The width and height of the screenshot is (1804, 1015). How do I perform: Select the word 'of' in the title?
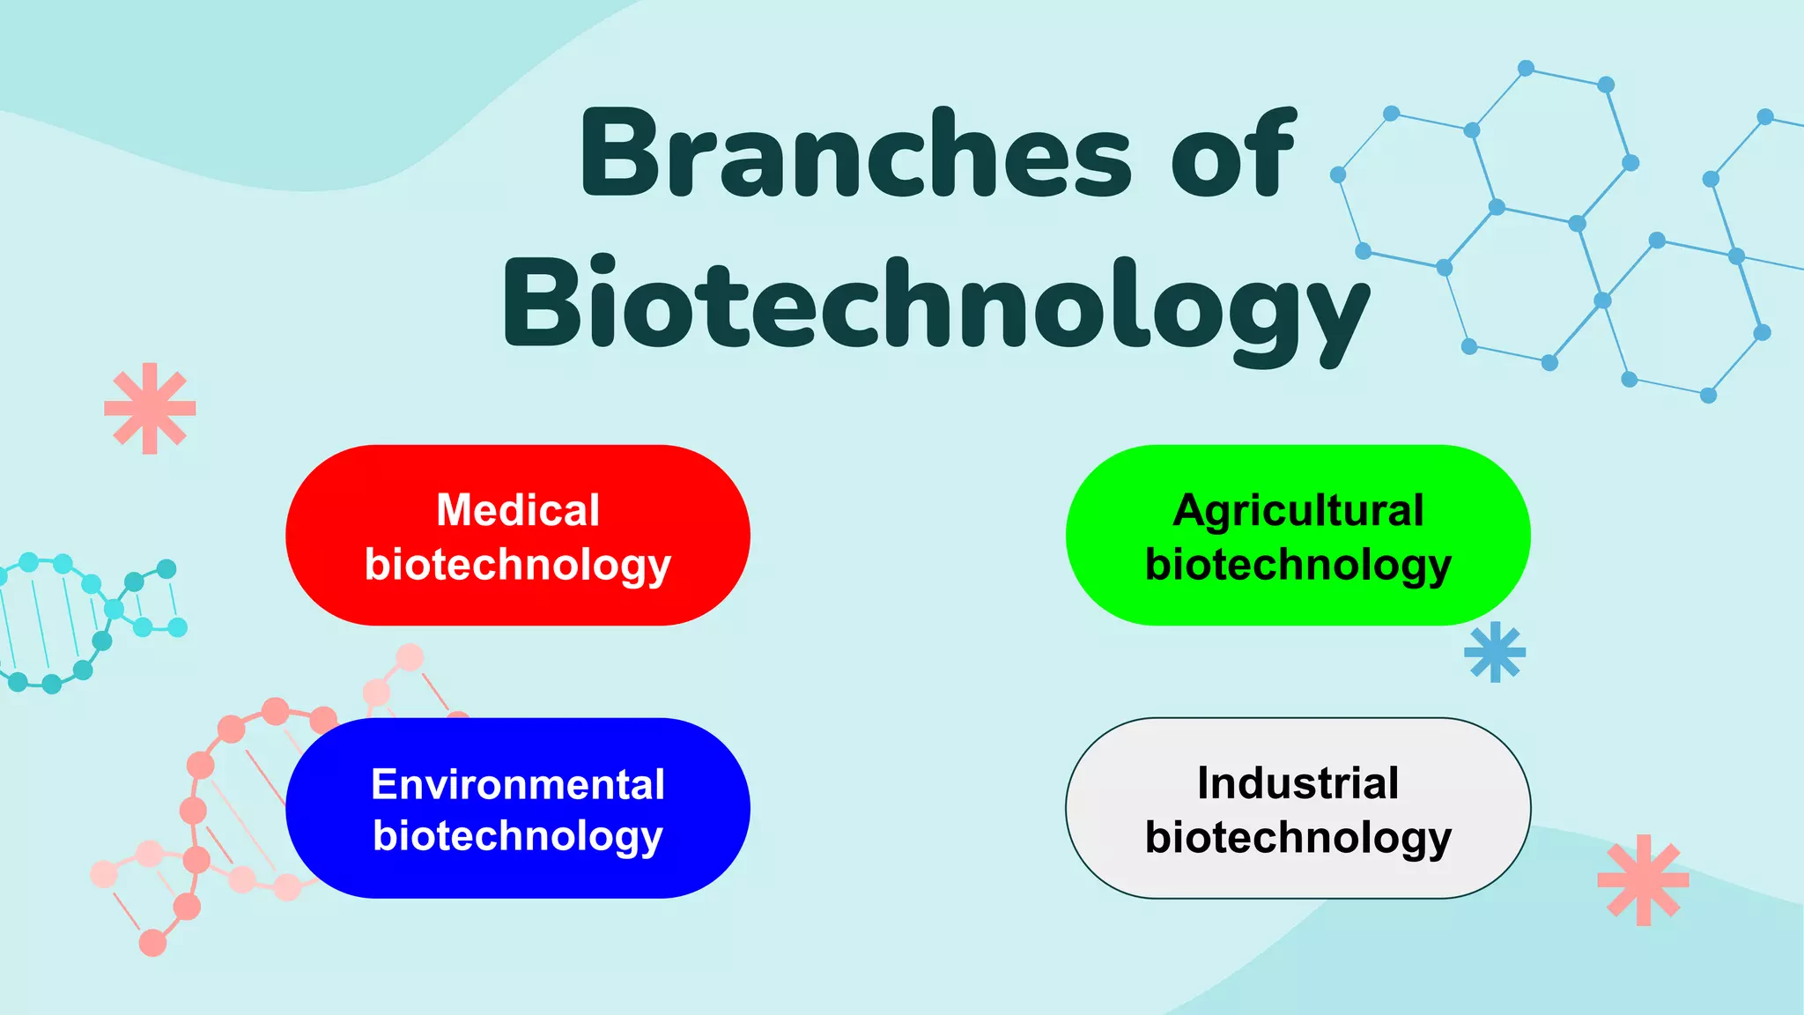click(x=1233, y=154)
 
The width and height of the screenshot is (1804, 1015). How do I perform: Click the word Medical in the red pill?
click(x=518, y=510)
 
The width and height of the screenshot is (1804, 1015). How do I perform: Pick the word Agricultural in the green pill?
click(x=1298, y=510)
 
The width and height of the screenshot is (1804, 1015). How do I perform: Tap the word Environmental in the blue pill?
click(x=518, y=783)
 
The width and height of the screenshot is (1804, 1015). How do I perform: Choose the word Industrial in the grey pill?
click(x=1298, y=782)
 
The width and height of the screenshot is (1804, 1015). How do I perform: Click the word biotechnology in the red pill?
click(x=518, y=565)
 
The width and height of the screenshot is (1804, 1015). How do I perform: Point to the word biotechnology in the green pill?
click(x=1298, y=565)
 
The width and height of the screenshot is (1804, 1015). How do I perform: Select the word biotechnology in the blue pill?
click(x=518, y=836)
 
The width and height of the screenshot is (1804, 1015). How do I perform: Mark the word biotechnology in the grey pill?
click(x=1298, y=837)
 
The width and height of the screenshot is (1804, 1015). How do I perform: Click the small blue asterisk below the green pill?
click(x=1495, y=652)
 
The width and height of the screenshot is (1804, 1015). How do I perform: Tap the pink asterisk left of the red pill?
click(x=150, y=408)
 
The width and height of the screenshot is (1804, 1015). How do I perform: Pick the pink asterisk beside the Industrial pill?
click(x=1643, y=879)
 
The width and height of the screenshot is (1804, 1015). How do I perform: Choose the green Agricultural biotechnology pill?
click(x=1119, y=536)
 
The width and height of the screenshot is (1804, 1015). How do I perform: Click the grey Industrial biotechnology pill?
click(x=1119, y=809)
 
